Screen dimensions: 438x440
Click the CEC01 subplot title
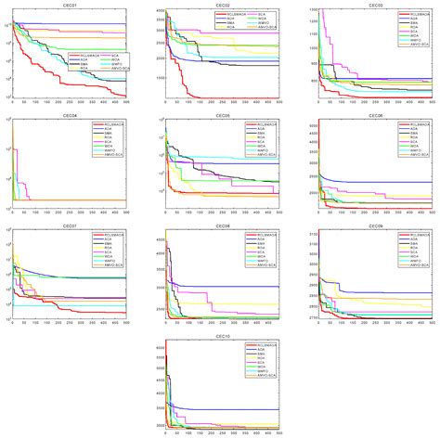coord(68,5)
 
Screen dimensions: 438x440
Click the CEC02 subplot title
coord(220,5)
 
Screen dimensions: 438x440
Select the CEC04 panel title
coord(68,116)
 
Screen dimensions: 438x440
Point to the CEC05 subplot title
coord(220,116)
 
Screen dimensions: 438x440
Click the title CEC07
coord(68,225)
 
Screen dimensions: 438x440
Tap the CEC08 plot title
coord(220,225)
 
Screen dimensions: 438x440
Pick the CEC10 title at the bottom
coord(220,335)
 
